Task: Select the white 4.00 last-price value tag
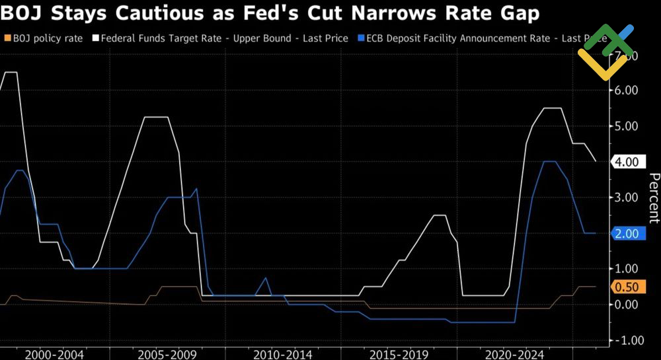pyautogui.click(x=626, y=162)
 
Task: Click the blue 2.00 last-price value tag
pyautogui.click(x=626, y=233)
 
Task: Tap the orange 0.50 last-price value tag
pyautogui.click(x=626, y=287)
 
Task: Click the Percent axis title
pyautogui.click(x=653, y=198)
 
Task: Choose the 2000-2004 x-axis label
pyautogui.click(x=54, y=354)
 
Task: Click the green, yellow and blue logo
pyautogui.click(x=605, y=52)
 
